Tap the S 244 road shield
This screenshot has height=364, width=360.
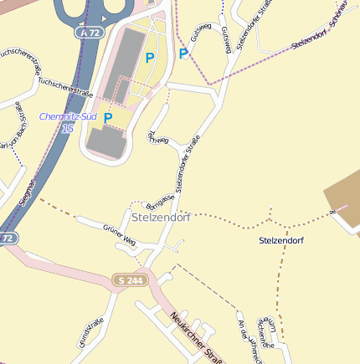(x=131, y=279)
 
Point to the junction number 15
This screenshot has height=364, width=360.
(x=68, y=127)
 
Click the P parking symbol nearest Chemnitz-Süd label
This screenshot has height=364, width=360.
(x=108, y=118)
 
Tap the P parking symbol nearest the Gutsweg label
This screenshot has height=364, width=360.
(x=183, y=54)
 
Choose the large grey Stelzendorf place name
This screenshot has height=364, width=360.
(x=161, y=217)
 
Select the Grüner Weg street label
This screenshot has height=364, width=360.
(x=119, y=233)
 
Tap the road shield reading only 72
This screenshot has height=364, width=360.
(x=7, y=238)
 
